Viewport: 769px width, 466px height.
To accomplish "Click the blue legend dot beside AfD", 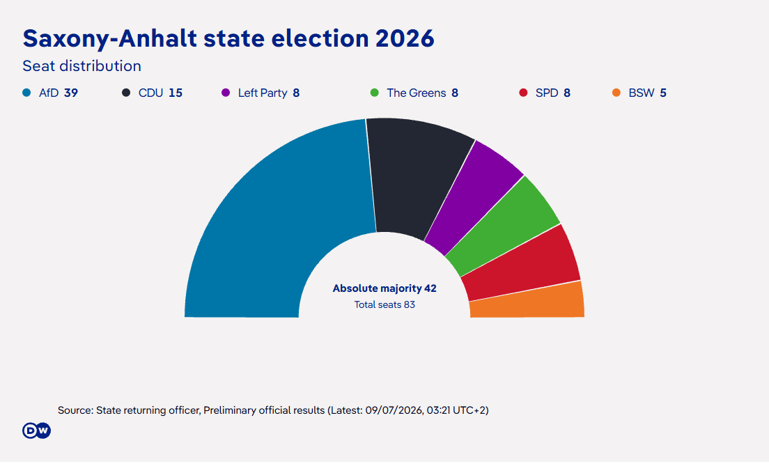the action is (x=26, y=93).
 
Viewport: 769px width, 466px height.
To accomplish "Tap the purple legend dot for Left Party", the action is (x=226, y=93).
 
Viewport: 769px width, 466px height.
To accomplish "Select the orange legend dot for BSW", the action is (x=616, y=93).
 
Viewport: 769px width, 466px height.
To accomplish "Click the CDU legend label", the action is (x=150, y=93).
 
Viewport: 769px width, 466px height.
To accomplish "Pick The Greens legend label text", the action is (x=417, y=93).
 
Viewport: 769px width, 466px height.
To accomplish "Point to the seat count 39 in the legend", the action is (x=71, y=93).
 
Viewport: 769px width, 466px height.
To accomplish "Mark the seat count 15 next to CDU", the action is (x=176, y=93).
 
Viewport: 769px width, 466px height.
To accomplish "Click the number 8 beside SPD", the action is (x=567, y=93).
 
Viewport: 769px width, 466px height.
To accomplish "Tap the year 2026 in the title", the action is (x=405, y=38).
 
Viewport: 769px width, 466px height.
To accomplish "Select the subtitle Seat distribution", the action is (x=82, y=65).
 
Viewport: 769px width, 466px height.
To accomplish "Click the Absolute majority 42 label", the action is (x=384, y=288).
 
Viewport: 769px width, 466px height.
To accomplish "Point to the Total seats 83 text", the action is (x=384, y=304).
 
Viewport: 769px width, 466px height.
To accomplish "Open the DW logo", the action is (x=36, y=430).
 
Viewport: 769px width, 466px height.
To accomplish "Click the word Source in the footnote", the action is (x=75, y=410).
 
